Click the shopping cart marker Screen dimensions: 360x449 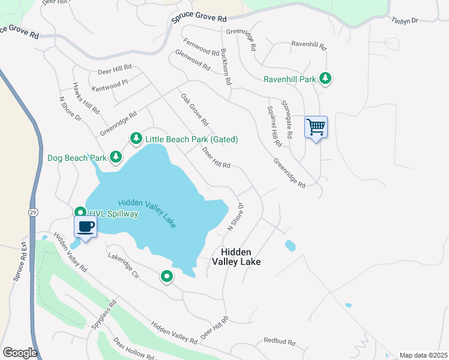click(x=316, y=127)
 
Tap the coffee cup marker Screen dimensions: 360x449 click(x=85, y=227)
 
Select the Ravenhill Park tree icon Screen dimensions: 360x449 click(x=325, y=79)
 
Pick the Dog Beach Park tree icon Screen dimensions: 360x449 click(x=116, y=158)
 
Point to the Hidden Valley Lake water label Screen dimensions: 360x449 click(x=148, y=214)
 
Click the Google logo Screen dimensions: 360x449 click(x=19, y=353)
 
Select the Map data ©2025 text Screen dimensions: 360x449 click(x=423, y=355)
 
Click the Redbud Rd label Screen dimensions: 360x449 click(x=280, y=341)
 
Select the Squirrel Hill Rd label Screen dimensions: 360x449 click(x=274, y=126)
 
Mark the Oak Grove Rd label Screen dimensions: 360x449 click(x=194, y=109)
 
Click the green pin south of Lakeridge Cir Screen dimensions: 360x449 click(x=167, y=277)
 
